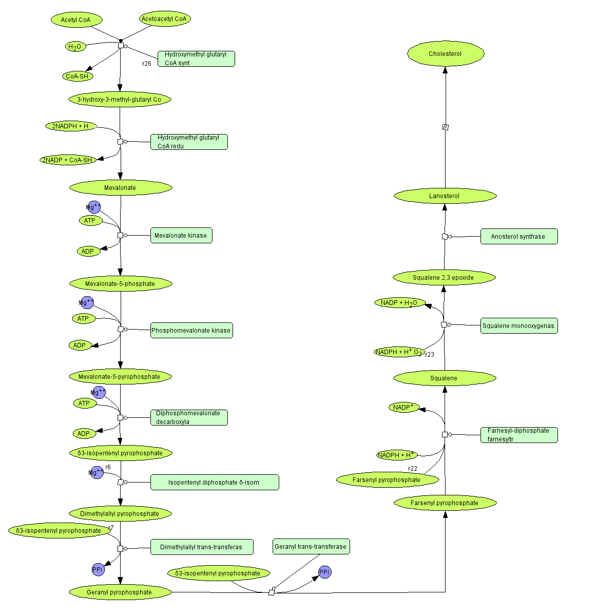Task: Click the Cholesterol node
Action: tap(446, 54)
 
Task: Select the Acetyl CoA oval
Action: tap(76, 20)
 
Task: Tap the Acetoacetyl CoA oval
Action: tap(165, 19)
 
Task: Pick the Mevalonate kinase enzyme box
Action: tap(181, 236)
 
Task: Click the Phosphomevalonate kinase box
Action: tap(191, 330)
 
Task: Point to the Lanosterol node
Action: tap(445, 196)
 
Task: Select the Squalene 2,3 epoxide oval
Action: tap(444, 278)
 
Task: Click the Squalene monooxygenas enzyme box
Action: tap(519, 325)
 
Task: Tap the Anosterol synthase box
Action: tap(519, 237)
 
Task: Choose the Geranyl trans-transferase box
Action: tap(311, 546)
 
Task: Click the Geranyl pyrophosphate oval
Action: tap(120, 592)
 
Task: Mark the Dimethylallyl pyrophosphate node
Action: tap(120, 513)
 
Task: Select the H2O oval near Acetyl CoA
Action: tap(75, 47)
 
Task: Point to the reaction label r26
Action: tap(147, 64)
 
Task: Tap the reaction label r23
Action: tap(430, 355)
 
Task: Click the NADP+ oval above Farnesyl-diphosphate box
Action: tap(404, 408)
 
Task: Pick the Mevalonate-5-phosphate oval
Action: tap(120, 283)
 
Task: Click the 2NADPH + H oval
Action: tap(71, 126)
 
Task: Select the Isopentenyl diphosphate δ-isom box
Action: tap(215, 482)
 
